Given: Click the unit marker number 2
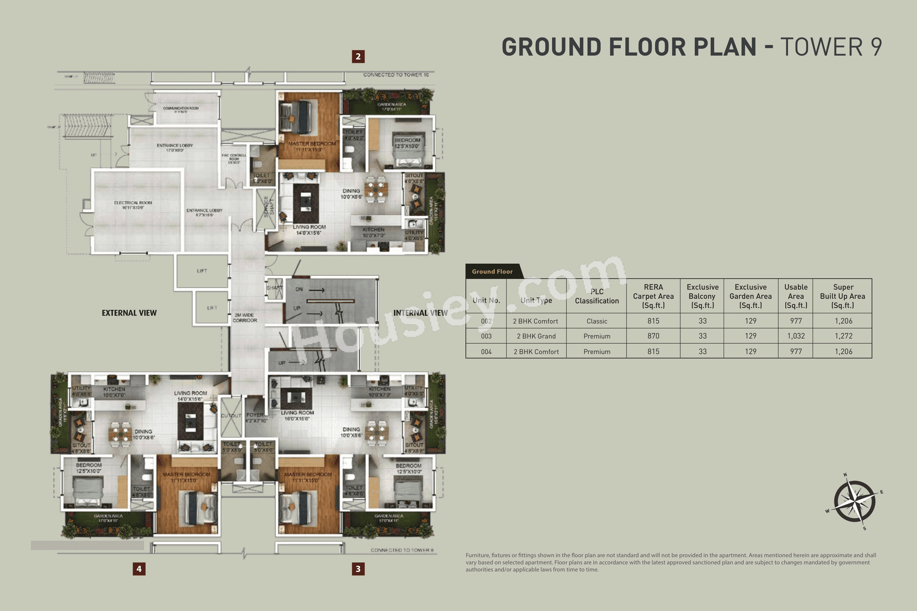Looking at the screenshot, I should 358,57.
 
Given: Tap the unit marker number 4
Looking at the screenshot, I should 139,569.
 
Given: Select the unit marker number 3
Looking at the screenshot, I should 358,569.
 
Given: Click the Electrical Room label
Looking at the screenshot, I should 133,205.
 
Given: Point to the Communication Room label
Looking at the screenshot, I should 181,109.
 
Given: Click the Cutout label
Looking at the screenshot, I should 231,416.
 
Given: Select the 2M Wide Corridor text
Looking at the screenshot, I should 245,318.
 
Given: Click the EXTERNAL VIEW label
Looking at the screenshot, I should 129,313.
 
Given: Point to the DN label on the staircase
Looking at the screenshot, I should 299,289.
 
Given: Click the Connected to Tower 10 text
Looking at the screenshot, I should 396,75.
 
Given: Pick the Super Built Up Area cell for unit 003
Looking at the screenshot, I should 843,336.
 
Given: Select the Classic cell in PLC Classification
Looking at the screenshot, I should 597,321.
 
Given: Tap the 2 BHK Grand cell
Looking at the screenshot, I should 536,336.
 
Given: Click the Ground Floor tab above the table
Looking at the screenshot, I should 492,272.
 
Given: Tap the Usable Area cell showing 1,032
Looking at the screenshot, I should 796,336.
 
